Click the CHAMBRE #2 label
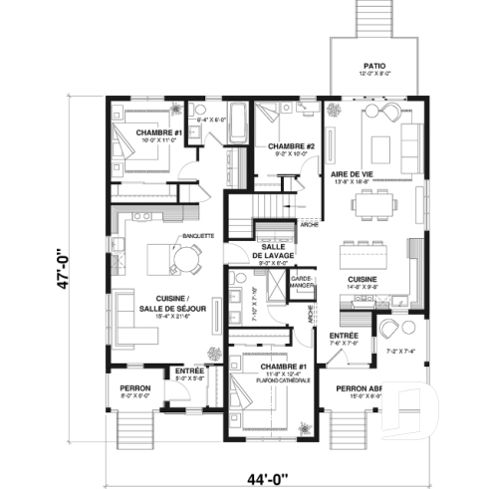pos(292,147)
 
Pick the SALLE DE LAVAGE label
pos(272,251)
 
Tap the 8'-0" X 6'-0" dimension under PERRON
pos(134,395)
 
